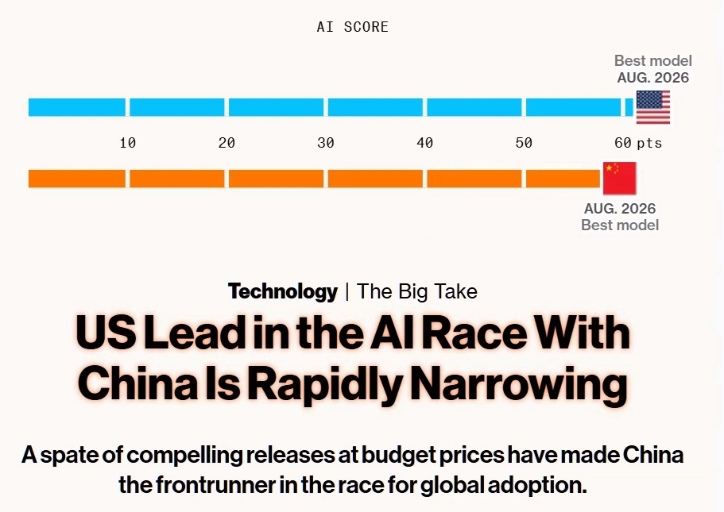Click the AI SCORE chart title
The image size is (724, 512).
click(352, 27)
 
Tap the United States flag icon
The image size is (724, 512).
click(653, 107)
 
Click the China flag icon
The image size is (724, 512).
click(620, 179)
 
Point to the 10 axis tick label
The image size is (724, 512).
click(127, 143)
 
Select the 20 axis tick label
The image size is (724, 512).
click(226, 143)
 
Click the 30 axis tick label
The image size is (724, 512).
click(326, 143)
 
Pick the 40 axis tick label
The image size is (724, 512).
click(425, 143)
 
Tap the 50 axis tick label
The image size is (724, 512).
click(524, 143)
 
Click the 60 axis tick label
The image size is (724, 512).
click(623, 143)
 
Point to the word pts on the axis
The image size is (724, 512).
click(649, 144)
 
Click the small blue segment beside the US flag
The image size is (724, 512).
click(629, 107)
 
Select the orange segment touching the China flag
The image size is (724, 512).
click(563, 179)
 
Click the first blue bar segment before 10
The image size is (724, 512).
click(76, 107)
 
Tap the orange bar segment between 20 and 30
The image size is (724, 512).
click(276, 179)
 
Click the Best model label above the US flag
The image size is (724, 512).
click(653, 60)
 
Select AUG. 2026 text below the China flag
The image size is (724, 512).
click(620, 209)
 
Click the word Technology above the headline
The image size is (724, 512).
click(283, 291)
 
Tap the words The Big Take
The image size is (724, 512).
click(417, 291)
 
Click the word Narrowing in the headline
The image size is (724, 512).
click(519, 383)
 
